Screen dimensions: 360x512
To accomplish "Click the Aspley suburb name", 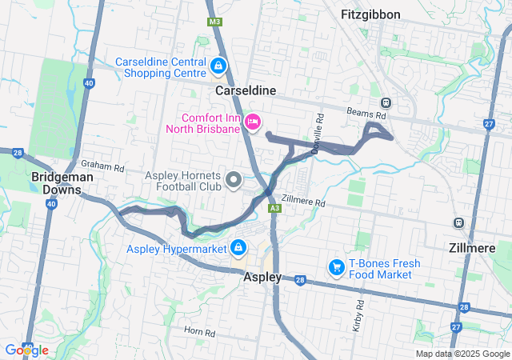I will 262,277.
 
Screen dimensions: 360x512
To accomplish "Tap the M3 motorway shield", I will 214,22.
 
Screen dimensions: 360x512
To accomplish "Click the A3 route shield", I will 274,208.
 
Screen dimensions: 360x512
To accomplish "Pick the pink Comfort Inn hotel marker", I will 253,122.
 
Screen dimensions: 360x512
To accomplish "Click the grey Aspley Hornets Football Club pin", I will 234,180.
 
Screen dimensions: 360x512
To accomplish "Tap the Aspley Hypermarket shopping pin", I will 238,248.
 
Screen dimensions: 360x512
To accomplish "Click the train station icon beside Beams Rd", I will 386,102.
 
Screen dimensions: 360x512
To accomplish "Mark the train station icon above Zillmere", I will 458,223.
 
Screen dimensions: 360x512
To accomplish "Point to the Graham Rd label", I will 108,168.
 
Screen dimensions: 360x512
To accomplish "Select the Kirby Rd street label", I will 358,315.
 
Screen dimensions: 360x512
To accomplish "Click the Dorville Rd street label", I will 318,132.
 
